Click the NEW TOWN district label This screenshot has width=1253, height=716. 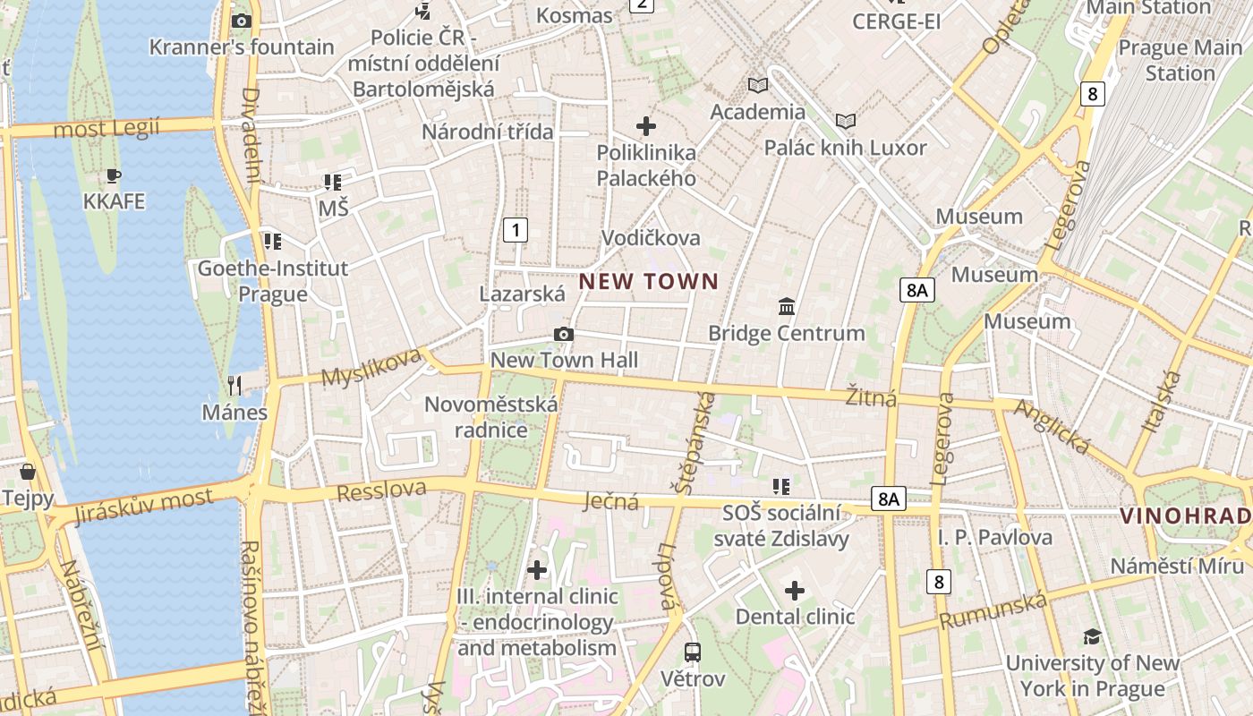[648, 282]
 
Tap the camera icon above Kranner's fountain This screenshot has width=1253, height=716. [241, 21]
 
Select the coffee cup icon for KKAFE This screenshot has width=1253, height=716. [113, 175]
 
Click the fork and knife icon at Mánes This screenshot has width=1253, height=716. [234, 386]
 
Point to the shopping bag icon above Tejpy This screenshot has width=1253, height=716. [28, 471]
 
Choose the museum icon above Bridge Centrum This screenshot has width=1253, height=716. [787, 307]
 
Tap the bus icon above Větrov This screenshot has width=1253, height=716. [693, 652]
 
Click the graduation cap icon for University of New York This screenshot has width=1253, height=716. [1092, 636]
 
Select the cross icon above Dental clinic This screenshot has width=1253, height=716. [795, 591]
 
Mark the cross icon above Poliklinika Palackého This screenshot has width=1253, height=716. [646, 126]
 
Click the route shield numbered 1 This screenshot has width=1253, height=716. [515, 230]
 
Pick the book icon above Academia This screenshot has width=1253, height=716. [758, 85]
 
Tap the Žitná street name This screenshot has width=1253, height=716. [871, 396]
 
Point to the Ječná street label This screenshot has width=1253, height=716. [612, 501]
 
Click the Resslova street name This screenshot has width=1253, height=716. [381, 491]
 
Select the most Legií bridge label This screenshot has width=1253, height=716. [107, 129]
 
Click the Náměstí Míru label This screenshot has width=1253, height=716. [1177, 566]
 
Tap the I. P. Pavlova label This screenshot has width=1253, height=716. [994, 537]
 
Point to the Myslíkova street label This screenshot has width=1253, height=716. [371, 367]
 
